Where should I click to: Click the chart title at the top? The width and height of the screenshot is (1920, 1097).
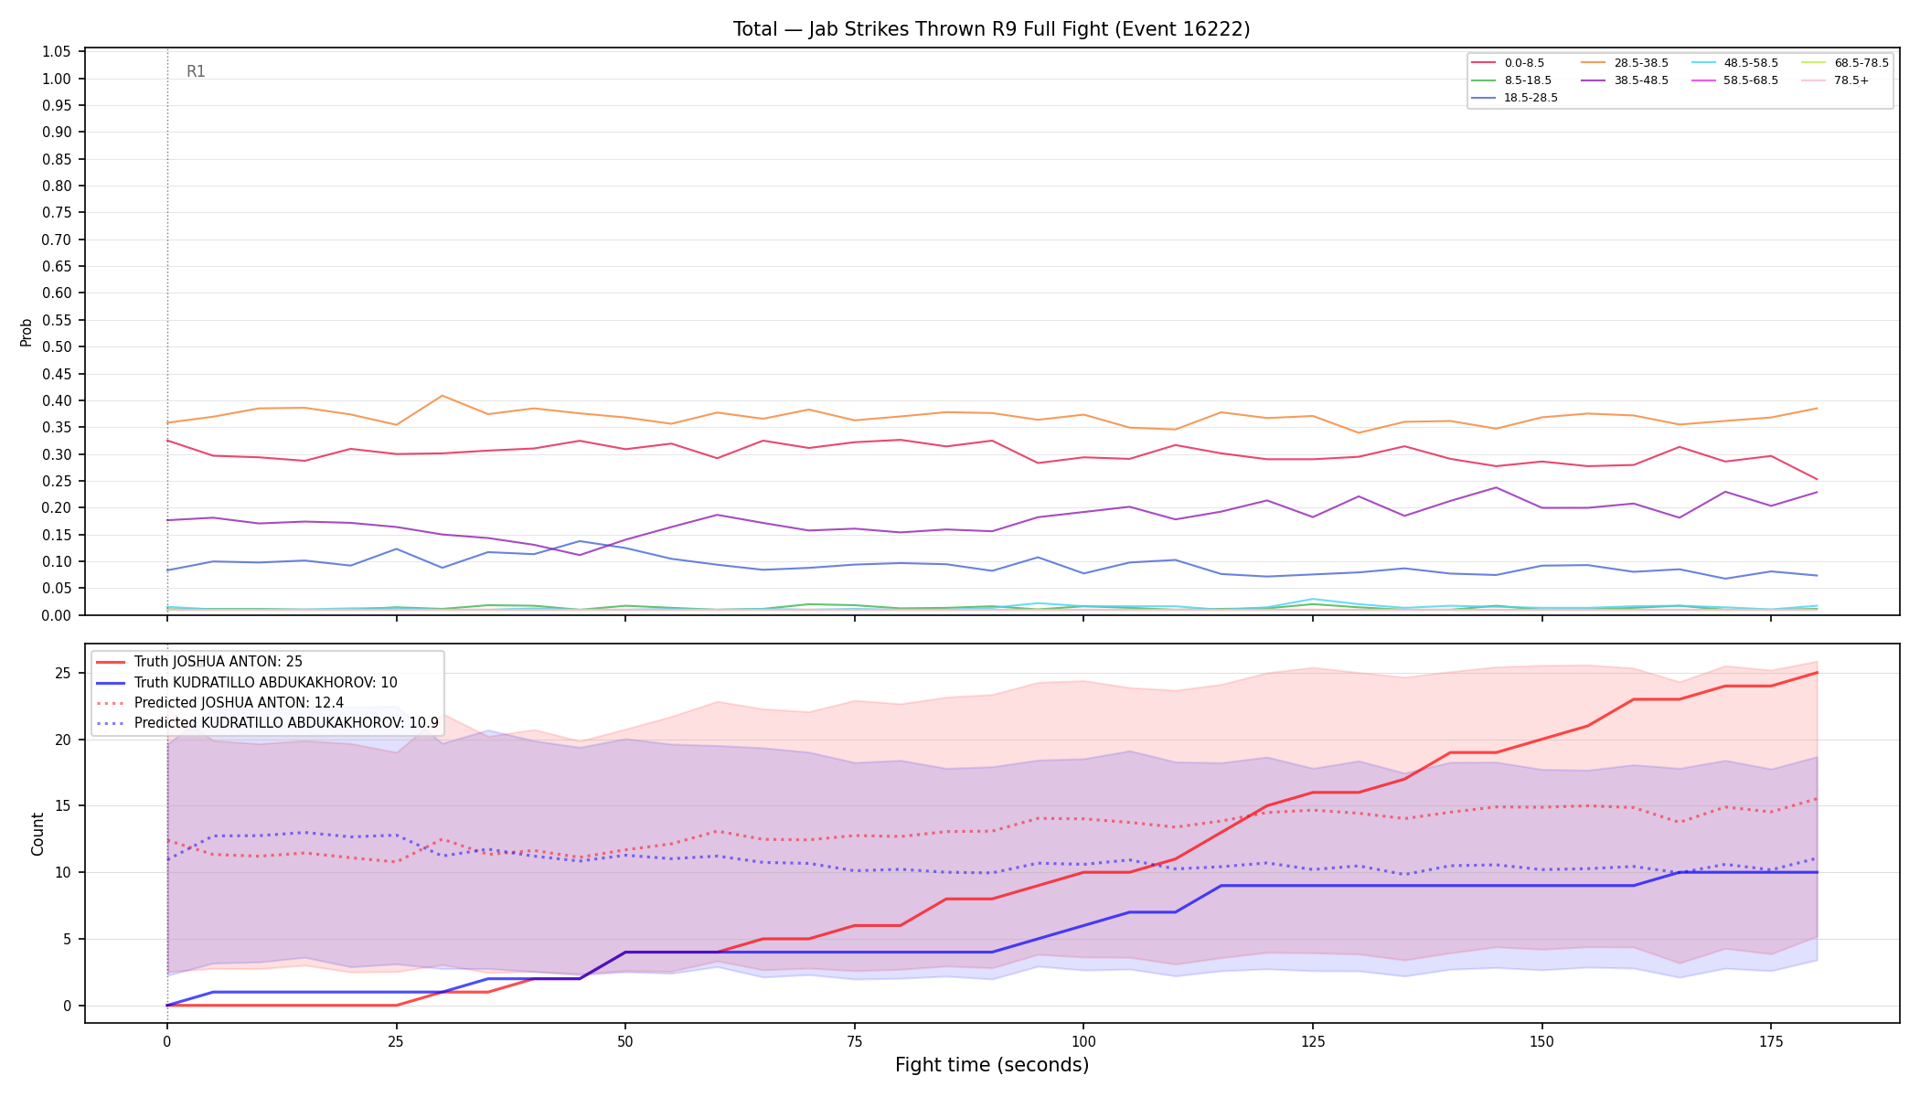coord(991,29)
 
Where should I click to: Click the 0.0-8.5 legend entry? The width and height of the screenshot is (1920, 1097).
coord(1508,63)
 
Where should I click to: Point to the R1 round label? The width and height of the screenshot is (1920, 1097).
coord(196,71)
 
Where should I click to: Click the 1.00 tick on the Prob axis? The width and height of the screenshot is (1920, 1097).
coord(57,79)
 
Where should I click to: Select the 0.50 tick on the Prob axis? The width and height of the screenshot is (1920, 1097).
coord(57,347)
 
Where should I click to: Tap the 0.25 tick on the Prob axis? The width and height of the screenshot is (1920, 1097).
coord(57,481)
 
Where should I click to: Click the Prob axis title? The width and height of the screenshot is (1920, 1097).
coord(27,333)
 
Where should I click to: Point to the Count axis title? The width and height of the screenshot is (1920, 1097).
coord(37,834)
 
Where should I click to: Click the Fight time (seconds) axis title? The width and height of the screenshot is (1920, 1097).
coord(992,1065)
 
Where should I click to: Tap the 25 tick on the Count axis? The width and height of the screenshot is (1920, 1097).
coord(63,674)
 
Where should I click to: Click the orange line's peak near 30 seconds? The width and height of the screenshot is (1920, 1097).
coord(443,396)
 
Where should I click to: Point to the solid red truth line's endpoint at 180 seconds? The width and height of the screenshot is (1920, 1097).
coord(1817,673)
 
